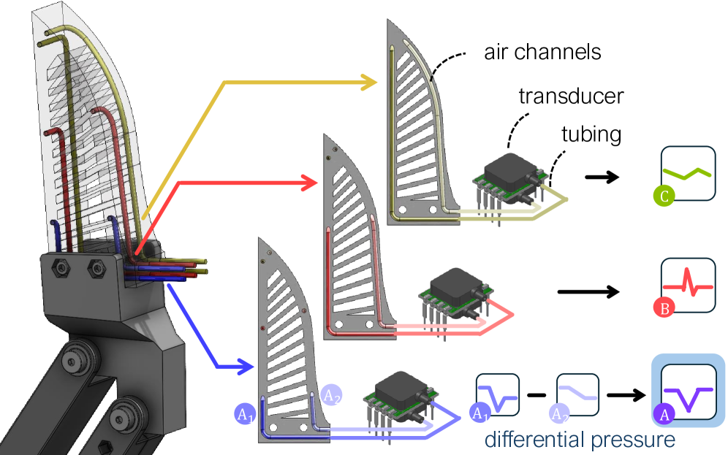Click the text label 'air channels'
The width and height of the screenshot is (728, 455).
click(x=542, y=53)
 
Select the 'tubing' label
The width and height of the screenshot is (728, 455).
click(x=591, y=135)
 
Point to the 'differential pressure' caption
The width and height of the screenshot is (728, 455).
click(x=579, y=440)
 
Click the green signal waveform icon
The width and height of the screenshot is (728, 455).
click(x=687, y=174)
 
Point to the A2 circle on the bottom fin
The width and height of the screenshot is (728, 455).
click(x=331, y=394)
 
